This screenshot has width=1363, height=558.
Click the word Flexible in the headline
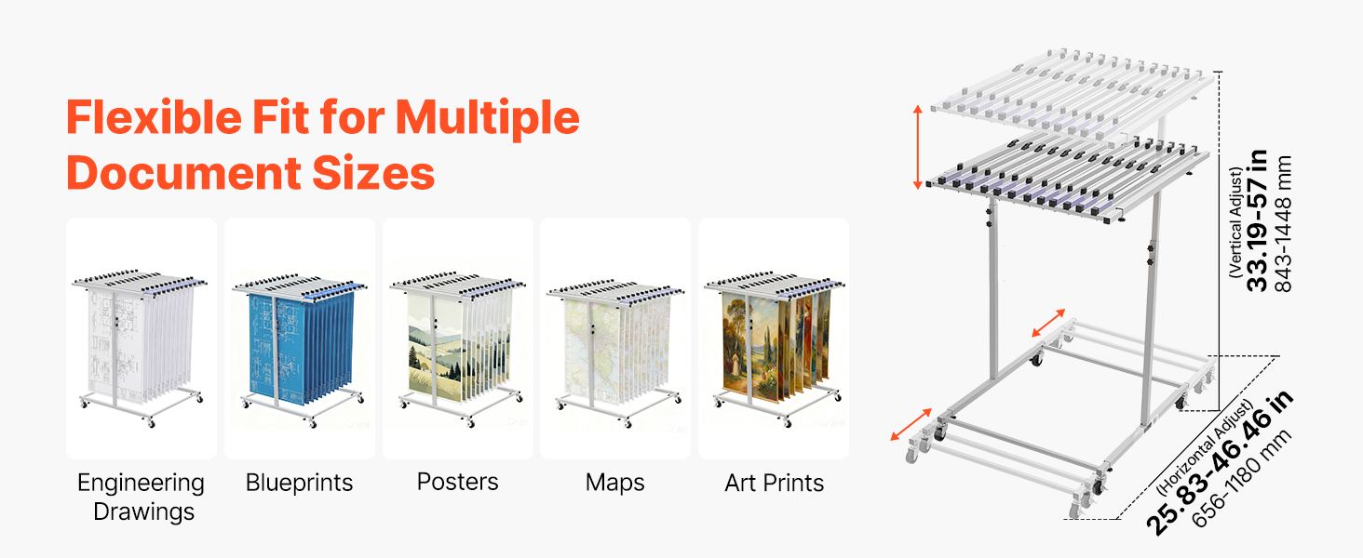tap(155, 116)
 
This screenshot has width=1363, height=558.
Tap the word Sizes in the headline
tap(373, 173)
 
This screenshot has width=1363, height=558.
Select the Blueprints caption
tap(300, 483)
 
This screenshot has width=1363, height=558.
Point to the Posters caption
tap(457, 482)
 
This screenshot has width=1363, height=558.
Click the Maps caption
tap(614, 483)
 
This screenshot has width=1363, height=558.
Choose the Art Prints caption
tap(774, 483)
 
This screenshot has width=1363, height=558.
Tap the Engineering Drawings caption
tap(142, 497)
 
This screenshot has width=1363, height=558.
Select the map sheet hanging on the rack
tap(590, 350)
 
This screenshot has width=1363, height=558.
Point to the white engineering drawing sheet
tap(115, 347)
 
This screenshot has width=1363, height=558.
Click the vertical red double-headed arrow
tap(918, 147)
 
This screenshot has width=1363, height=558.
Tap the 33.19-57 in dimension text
tap(1257, 220)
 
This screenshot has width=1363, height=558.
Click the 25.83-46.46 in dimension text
tap(1219, 463)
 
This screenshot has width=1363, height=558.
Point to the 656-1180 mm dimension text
tap(1241, 479)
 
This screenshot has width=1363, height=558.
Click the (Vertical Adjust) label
tap(1235, 223)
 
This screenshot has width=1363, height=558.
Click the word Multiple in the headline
tap(488, 118)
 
